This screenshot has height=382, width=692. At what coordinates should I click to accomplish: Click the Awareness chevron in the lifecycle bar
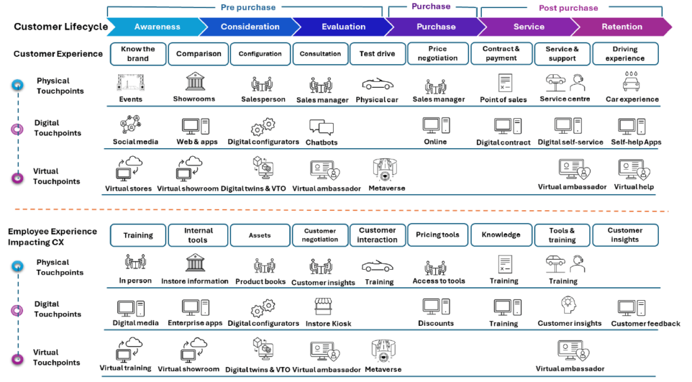click(157, 27)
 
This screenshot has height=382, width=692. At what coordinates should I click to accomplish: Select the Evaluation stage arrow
click(343, 27)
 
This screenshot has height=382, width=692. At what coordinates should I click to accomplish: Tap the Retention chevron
click(622, 27)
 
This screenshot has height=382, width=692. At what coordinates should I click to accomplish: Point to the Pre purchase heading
click(248, 7)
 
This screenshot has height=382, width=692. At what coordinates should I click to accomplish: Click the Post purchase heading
click(568, 8)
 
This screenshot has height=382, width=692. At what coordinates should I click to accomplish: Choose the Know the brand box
click(138, 53)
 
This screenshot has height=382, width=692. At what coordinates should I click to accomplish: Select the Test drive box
click(377, 53)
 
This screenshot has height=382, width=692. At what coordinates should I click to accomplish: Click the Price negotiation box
click(437, 53)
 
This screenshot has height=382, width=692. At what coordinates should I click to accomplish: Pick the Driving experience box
click(624, 53)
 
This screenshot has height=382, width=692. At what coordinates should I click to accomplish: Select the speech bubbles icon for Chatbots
click(321, 126)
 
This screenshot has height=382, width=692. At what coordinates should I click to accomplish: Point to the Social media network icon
click(130, 126)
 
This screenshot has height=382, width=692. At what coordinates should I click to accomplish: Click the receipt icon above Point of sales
click(504, 84)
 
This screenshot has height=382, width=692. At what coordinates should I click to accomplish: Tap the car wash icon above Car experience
click(631, 82)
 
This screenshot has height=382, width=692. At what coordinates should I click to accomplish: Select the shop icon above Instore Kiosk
click(326, 307)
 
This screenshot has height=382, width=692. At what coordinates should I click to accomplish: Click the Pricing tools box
click(437, 235)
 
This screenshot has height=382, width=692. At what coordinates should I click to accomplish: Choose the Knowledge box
click(501, 235)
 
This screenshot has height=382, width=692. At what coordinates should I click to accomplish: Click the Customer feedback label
click(645, 324)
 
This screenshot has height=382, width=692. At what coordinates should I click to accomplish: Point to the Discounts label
click(436, 323)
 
